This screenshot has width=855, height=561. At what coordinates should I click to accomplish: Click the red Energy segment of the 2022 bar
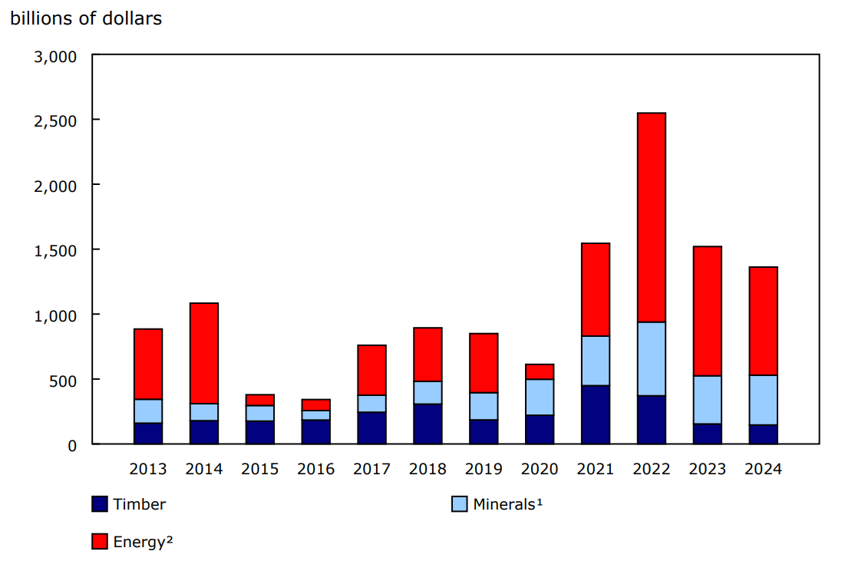pyautogui.click(x=651, y=217)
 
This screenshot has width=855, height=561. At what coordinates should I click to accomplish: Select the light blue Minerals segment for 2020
pyautogui.click(x=540, y=397)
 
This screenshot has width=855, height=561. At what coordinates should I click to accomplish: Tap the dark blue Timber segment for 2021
pyautogui.click(x=596, y=414)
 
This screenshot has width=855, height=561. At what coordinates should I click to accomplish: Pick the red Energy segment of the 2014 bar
pyautogui.click(x=204, y=353)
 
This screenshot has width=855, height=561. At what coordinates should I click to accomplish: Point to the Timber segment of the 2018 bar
pyautogui.click(x=427, y=424)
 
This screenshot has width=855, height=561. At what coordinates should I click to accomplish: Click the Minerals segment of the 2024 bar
pyautogui.click(x=763, y=400)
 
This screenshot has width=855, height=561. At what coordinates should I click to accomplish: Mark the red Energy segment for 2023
pyautogui.click(x=707, y=311)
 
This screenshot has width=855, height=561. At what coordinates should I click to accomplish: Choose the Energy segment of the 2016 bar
pyautogui.click(x=316, y=404)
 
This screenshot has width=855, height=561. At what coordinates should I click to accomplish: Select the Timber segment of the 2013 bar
pyautogui.click(x=148, y=433)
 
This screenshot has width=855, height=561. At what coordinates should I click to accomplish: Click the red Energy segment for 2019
pyautogui.click(x=484, y=363)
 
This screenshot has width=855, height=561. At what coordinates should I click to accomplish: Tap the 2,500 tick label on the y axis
pyautogui.click(x=55, y=120)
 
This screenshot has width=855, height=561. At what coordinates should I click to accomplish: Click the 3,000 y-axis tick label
pyautogui.click(x=55, y=56)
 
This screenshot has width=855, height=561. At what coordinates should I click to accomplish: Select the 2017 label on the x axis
pyautogui.click(x=371, y=469)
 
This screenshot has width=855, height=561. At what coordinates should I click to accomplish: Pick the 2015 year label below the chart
pyautogui.click(x=260, y=469)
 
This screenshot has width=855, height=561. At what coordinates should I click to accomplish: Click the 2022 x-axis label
pyautogui.click(x=651, y=469)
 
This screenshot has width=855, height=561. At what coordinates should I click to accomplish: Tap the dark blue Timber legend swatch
pyautogui.click(x=99, y=504)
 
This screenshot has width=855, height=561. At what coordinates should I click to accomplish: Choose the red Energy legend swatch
pyautogui.click(x=99, y=542)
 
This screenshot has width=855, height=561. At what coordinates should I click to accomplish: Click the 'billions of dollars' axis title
pyautogui.click(x=86, y=18)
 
